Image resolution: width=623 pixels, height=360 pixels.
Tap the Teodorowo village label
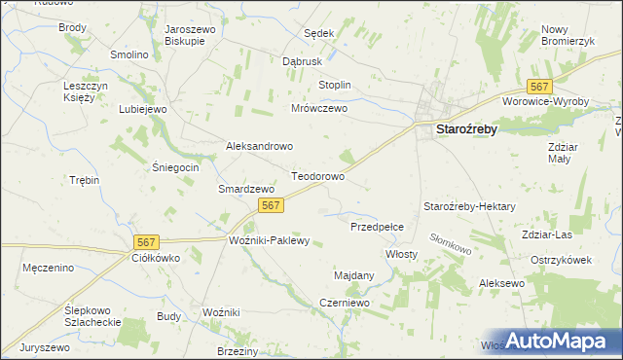pyautogui.click(x=318, y=178)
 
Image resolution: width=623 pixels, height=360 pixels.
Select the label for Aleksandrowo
pyautogui.click(x=260, y=146)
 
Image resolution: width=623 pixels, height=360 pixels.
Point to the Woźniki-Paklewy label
pyautogui.click(x=269, y=240)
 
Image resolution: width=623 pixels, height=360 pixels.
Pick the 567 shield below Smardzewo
pyautogui.click(x=272, y=204)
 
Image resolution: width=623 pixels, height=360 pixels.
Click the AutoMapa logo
pyautogui.click(x=562, y=342)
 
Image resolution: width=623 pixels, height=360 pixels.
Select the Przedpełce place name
pyautogui.click(x=384, y=226)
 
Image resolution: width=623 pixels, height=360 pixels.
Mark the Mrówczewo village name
pyautogui.click(x=319, y=109)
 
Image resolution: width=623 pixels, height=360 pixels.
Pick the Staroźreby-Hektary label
pyautogui.click(x=469, y=207)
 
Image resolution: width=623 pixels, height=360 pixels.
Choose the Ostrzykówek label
pyautogui.click(x=562, y=260)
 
